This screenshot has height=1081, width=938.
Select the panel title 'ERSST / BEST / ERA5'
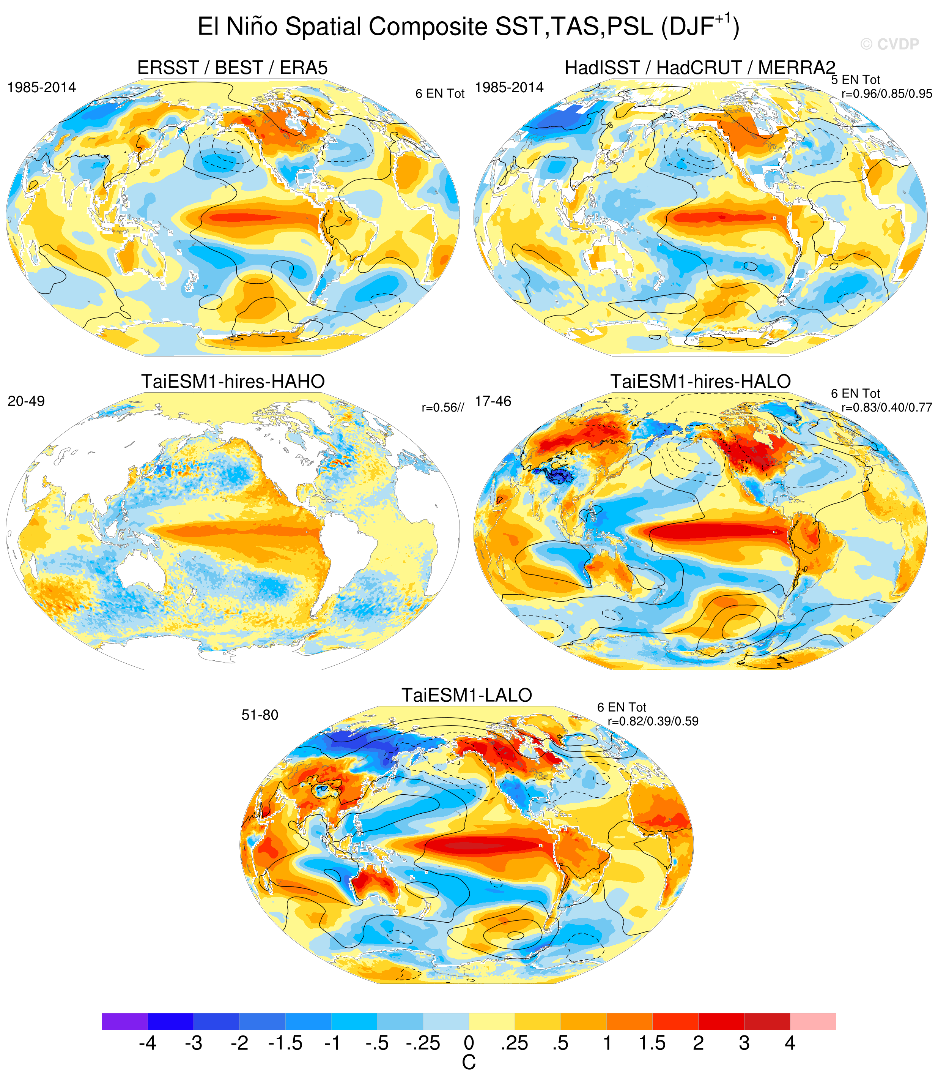click(x=232, y=68)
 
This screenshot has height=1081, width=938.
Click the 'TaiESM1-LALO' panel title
click(x=467, y=695)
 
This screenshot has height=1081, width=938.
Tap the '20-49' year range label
click(x=26, y=401)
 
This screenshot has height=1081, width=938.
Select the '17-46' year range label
click(x=493, y=401)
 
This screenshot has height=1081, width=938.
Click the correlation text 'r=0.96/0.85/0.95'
click(x=887, y=94)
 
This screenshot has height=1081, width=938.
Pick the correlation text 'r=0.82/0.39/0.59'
click(x=653, y=721)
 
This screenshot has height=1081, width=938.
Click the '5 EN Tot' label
click(x=856, y=80)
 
